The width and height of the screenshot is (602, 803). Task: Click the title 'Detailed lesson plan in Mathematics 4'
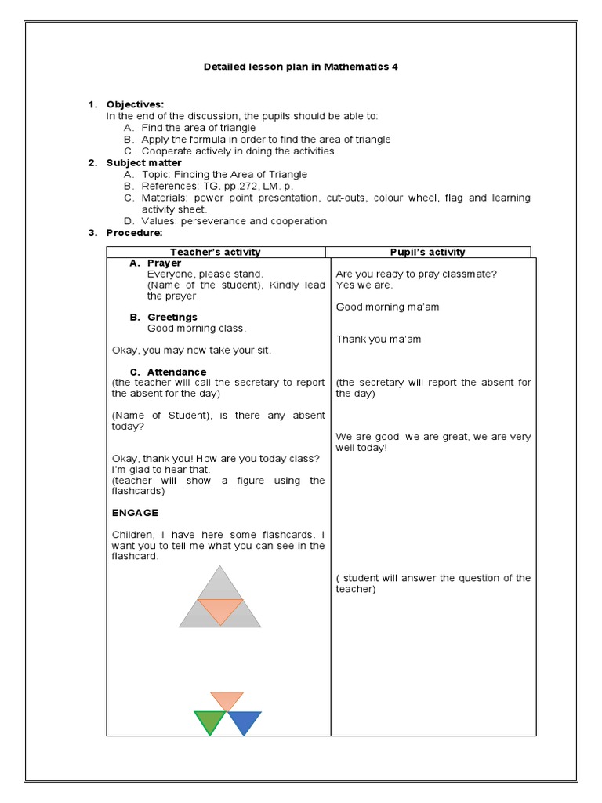coord(301,67)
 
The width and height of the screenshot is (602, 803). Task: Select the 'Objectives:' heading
coord(135,104)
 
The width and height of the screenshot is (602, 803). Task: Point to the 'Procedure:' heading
coord(134,233)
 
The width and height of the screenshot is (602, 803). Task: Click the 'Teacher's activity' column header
coord(216,252)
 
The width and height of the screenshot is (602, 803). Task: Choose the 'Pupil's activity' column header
coord(427,252)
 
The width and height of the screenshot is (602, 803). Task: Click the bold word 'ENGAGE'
coord(135,512)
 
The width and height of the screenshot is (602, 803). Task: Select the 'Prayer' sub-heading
coord(164,263)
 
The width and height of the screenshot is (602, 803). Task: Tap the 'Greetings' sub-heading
coord(172,317)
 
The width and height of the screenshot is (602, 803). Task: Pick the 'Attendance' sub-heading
coord(176,372)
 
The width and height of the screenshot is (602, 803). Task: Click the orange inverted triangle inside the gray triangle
coord(220,609)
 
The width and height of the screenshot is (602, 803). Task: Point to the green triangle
coord(209,721)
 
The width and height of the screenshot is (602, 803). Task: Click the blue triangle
coord(244,721)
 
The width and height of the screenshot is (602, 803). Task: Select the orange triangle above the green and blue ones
coord(227,700)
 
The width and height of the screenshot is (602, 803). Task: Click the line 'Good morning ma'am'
coord(387,307)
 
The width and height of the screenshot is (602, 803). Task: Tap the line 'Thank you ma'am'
coord(379,339)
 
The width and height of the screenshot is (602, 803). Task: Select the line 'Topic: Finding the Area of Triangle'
coord(224,174)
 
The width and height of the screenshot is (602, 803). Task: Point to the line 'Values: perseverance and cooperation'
coord(234,221)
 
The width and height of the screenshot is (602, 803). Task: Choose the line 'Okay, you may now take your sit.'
coord(191,350)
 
